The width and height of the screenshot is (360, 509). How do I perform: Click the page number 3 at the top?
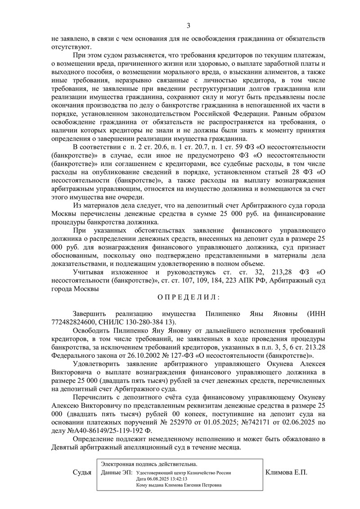click(x=189, y=25)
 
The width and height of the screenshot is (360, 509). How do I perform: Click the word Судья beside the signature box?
click(x=82, y=473)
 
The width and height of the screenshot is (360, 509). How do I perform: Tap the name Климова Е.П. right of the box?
click(x=287, y=473)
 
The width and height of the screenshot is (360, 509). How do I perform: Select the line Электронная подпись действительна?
click(x=149, y=464)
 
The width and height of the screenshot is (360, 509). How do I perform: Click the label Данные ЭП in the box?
click(x=117, y=473)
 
